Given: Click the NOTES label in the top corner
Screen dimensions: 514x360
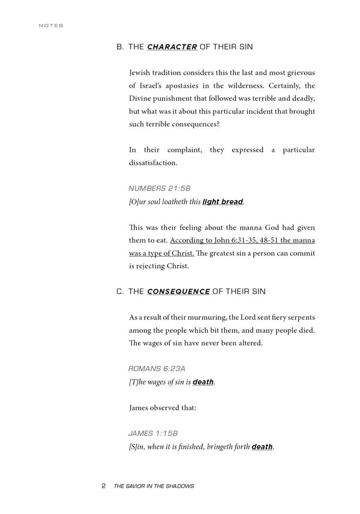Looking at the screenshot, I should point(50,26).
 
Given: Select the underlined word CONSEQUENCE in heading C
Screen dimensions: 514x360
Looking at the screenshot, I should point(178,291).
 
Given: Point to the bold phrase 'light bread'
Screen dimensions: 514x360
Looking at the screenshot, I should point(223,202).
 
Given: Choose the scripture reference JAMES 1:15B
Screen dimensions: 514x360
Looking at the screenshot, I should point(153,433).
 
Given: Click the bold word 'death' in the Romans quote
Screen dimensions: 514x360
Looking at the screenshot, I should point(203,382).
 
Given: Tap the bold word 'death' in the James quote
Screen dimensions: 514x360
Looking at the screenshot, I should point(262,447).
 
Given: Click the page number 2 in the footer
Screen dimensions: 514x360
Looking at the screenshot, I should point(104,486).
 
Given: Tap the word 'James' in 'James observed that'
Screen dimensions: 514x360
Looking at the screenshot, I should point(140,408).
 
